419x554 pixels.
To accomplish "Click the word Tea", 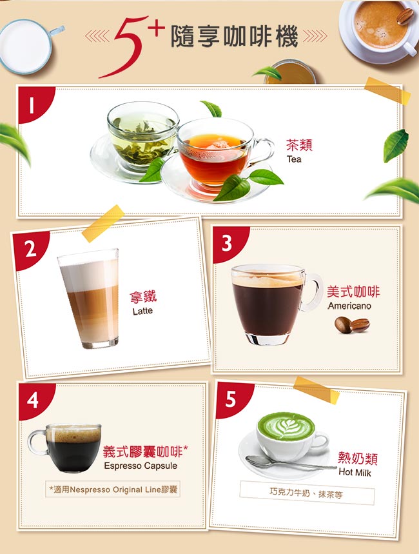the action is point(294,159).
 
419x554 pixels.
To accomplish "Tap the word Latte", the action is point(142,311).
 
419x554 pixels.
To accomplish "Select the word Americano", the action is point(349,306).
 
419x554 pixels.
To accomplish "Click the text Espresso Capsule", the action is point(141,466).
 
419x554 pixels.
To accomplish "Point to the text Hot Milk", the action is point(355,472).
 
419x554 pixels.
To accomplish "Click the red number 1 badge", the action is point(35,103).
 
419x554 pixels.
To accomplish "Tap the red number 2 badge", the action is point(30,250).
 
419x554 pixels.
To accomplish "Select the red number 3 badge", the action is point(229,243).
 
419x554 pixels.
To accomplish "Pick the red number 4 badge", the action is point(35,401).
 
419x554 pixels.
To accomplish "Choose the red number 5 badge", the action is point(233,399).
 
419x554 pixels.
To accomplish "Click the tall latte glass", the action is point(90,299).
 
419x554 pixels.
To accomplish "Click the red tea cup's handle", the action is point(263,151).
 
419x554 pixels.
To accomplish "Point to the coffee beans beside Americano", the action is point(352,324).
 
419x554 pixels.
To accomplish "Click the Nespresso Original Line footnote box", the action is point(113,489).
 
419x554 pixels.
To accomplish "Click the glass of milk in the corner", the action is point(28,46).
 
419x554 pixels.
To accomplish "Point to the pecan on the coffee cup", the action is point(405,16).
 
